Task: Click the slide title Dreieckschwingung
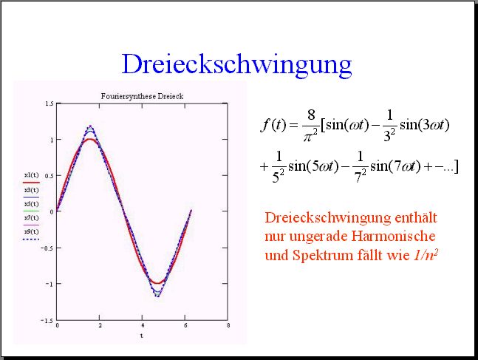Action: [236, 64]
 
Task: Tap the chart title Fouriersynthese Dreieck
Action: [142, 96]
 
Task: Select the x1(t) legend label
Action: [32, 175]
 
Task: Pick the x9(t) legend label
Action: [32, 231]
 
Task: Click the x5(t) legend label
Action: [32, 204]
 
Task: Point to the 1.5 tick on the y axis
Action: [49, 103]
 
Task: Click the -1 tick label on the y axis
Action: [49, 284]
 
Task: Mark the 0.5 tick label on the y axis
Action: [49, 176]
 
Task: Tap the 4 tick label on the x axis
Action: [143, 325]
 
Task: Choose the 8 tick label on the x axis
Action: [228, 325]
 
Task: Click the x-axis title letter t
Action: [142, 336]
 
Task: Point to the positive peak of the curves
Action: [90, 126]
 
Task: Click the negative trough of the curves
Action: [157, 296]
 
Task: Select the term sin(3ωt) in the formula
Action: [425, 125]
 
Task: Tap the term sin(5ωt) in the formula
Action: [313, 166]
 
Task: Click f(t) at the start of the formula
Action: [274, 125]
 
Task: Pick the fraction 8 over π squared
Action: [310, 125]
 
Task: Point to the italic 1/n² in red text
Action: [426, 255]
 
